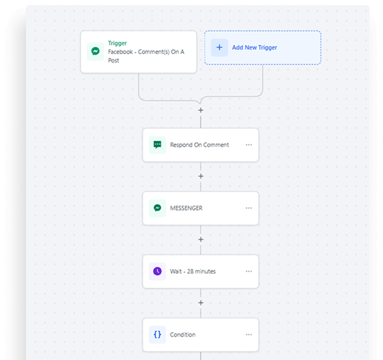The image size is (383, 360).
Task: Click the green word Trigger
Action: pos(117,44)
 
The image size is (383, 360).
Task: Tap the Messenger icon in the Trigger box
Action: pos(95,51)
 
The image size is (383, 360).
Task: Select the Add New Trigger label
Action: pos(254,47)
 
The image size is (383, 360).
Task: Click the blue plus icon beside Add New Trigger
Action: pos(219,47)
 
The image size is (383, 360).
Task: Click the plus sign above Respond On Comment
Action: pos(201,110)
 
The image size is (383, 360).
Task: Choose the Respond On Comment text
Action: pos(199,145)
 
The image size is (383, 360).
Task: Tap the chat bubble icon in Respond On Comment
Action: pos(158,145)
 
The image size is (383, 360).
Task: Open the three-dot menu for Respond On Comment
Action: pos(249,145)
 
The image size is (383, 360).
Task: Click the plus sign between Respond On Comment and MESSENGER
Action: pos(201,176)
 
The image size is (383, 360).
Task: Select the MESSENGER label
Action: pos(186,208)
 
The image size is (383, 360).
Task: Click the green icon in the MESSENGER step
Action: pos(158,208)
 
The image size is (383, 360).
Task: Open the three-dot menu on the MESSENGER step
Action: pos(249,208)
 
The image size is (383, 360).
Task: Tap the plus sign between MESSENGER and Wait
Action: pos(201,240)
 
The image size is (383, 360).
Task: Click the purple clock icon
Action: pos(158,271)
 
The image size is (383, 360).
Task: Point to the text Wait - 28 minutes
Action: pos(193,272)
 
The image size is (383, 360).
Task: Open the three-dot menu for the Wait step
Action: pos(249,271)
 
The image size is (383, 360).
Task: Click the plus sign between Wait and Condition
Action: pos(201,303)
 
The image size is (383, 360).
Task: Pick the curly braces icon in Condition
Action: pos(158,335)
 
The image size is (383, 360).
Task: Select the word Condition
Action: pos(182,335)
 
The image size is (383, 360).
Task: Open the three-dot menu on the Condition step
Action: pos(249,335)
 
